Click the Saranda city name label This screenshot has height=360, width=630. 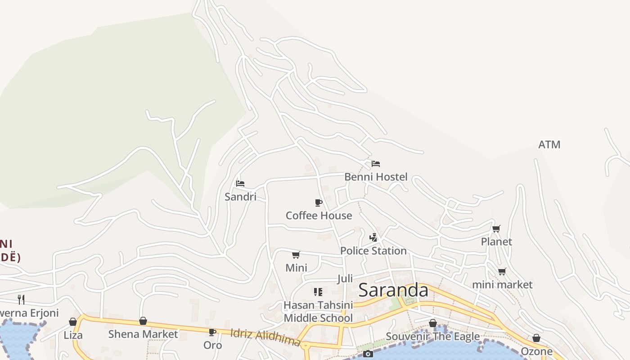[x=393, y=290]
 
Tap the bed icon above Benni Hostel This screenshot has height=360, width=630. [x=376, y=164]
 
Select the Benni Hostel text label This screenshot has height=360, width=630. [x=376, y=177]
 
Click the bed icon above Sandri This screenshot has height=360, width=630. [x=240, y=184]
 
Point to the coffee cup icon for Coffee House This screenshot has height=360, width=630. [x=319, y=203]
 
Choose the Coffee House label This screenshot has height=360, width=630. [x=319, y=216]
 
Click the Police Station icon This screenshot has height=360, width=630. [x=373, y=238]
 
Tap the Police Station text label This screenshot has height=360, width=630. [x=373, y=251]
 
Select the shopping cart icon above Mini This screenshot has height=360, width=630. [x=296, y=255]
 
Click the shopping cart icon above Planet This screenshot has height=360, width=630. [x=496, y=229]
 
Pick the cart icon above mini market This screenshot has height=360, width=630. [x=502, y=272]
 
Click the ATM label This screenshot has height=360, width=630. [x=549, y=144]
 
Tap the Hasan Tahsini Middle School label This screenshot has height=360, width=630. [x=318, y=311]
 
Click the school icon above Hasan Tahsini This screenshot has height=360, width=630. [x=318, y=292]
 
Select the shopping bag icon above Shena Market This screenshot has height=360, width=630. [x=143, y=321]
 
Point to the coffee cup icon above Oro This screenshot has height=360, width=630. [x=212, y=333]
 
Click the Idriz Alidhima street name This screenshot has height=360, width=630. [x=265, y=337]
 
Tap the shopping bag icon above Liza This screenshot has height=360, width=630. [x=73, y=322]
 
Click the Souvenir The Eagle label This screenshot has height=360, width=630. [x=433, y=336]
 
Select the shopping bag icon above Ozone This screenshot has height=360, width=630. [x=536, y=338]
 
